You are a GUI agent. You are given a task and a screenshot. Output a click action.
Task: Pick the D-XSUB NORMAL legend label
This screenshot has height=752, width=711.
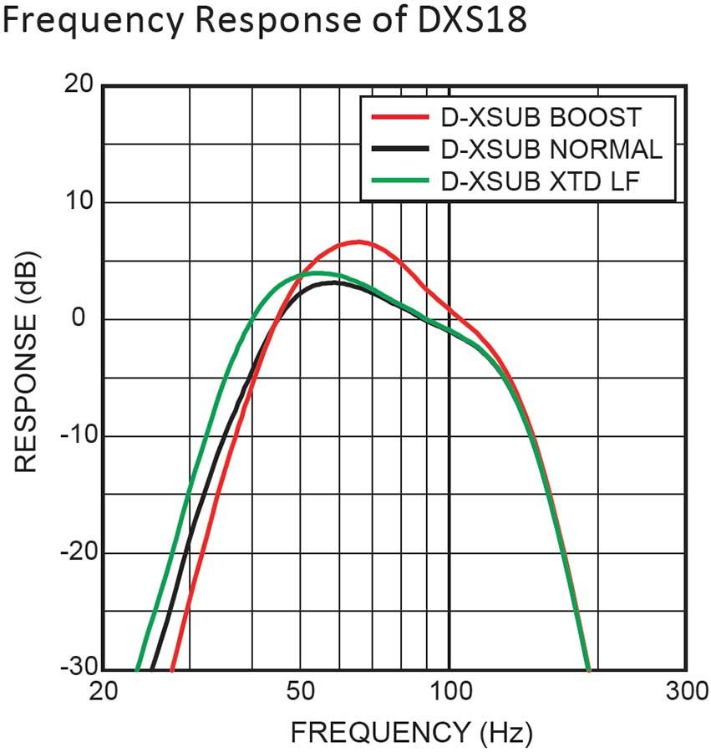click(550, 149)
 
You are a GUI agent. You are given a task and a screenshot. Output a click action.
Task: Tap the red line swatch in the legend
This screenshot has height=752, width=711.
click(396, 117)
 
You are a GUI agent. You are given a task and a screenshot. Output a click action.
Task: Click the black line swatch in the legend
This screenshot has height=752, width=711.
click(396, 149)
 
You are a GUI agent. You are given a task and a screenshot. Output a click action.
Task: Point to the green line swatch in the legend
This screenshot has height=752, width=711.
click(396, 180)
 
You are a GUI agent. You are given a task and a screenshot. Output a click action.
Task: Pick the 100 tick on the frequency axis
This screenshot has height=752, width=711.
click(449, 693)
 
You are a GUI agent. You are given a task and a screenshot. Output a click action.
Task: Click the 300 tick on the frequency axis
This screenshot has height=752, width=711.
click(685, 693)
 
